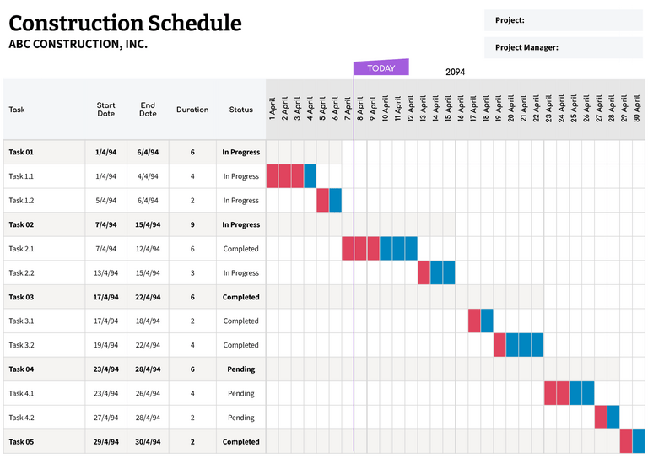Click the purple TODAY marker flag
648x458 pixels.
point(381,68)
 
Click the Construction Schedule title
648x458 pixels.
point(125,23)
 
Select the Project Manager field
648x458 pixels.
point(564,47)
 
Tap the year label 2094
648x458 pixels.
point(455,73)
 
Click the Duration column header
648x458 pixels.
point(192,110)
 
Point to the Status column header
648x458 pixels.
point(240,110)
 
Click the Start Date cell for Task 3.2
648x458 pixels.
point(105,345)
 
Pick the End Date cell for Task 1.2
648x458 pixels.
point(148,201)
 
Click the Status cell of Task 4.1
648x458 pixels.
point(240,393)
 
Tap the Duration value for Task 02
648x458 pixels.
point(192,225)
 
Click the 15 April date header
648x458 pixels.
point(448,108)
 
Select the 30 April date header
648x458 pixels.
point(637,108)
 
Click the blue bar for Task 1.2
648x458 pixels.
point(336,201)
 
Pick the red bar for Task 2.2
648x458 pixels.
point(424,273)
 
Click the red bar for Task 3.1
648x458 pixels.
point(474,321)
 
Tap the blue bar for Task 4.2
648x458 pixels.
point(613,418)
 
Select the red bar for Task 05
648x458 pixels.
point(626,441)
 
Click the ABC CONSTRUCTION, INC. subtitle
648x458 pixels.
point(78,44)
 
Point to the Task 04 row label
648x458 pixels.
point(21,369)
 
